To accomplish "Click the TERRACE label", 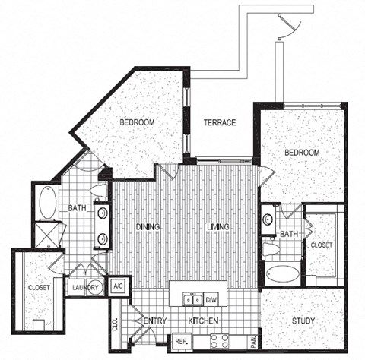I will coord(218,122).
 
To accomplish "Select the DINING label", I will coord(149,226).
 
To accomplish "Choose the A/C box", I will coord(119,286).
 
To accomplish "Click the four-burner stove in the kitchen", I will coord(220,341).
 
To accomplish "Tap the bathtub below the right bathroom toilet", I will coord(281,273).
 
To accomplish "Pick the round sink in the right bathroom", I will coord(268,220).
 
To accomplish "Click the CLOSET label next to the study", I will coord(320,245).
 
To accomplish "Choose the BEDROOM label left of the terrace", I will coord(138,122).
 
